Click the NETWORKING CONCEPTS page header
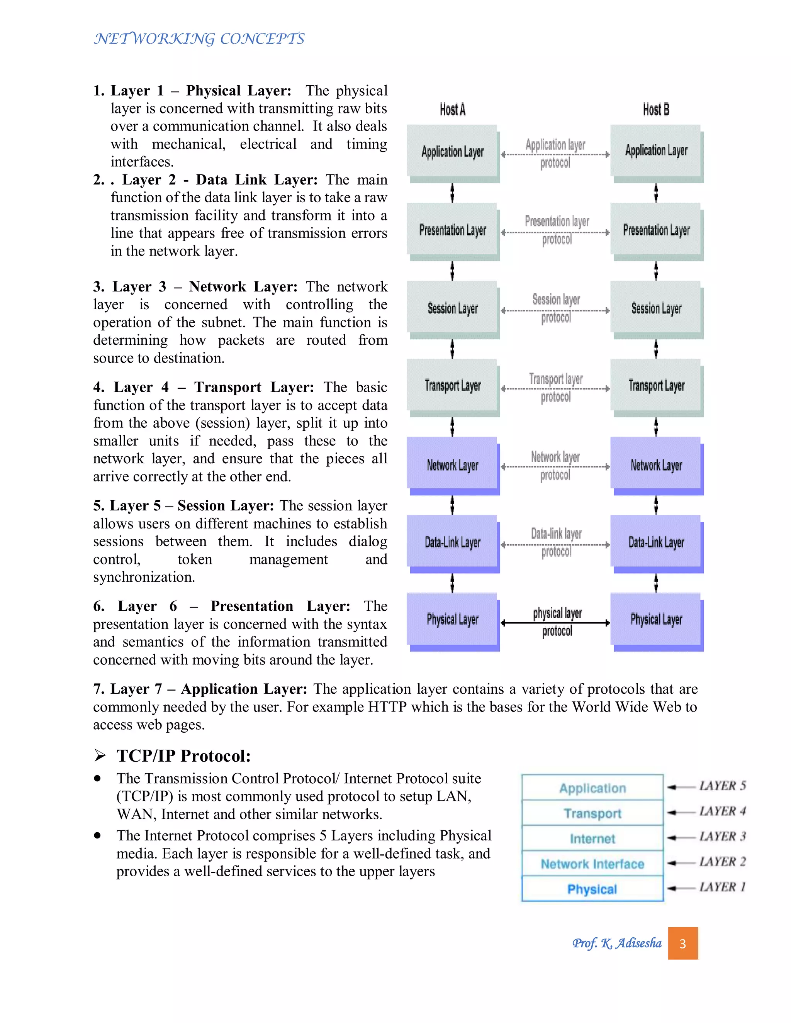pyautogui.click(x=199, y=38)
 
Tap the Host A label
pyautogui.click(x=452, y=110)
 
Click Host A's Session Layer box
pyautogui.click(x=452, y=308)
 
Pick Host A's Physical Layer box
pyautogui.click(x=452, y=619)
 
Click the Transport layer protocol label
pyautogui.click(x=556, y=387)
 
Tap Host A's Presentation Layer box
pyautogui.click(x=452, y=230)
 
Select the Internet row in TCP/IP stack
pyautogui.click(x=592, y=838)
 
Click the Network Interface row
pyautogui.click(x=592, y=864)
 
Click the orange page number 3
pyautogui.click(x=683, y=943)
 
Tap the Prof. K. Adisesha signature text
pyautogui.click(x=617, y=943)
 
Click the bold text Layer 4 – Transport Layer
pyautogui.click(x=204, y=387)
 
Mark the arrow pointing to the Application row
pyautogui.click(x=681, y=788)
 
